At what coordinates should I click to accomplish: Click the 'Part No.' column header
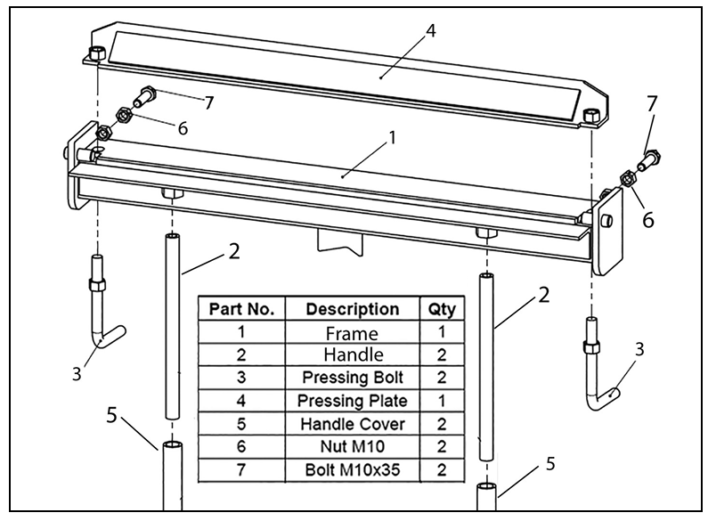pyautogui.click(x=240, y=309)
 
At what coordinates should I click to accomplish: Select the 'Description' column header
pyautogui.click(x=353, y=309)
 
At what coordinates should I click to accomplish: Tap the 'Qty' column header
pyautogui.click(x=441, y=309)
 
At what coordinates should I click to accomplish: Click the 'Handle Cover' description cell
pyautogui.click(x=353, y=423)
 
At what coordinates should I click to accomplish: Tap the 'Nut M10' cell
pyautogui.click(x=353, y=446)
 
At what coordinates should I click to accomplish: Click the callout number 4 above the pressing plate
pyautogui.click(x=430, y=30)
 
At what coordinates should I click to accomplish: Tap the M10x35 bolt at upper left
pyautogui.click(x=148, y=94)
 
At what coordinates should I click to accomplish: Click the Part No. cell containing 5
pyautogui.click(x=240, y=423)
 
